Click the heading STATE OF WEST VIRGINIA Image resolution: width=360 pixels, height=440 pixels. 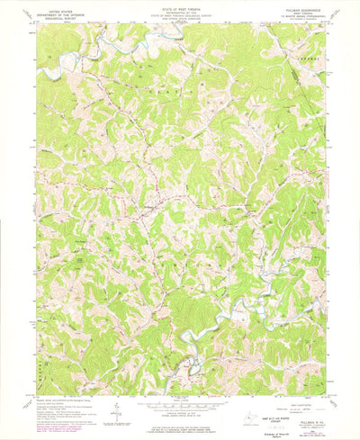point(180,4)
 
